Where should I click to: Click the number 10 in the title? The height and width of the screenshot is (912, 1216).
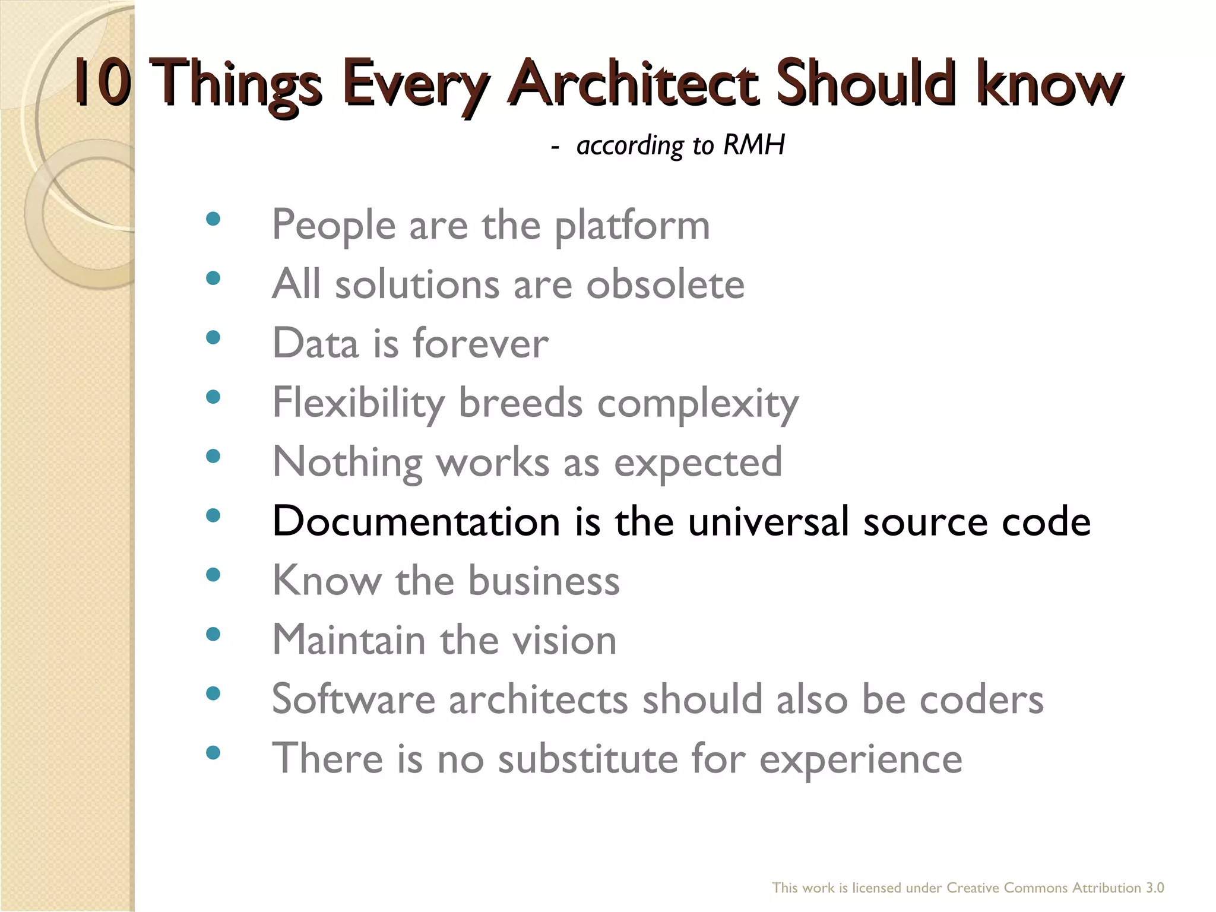click(102, 83)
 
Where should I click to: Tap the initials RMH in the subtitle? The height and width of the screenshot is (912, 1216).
click(753, 145)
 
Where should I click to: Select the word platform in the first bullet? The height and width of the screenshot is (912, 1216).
click(632, 226)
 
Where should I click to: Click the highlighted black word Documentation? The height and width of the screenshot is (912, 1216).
click(416, 521)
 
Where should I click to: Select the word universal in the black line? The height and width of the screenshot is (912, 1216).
click(768, 521)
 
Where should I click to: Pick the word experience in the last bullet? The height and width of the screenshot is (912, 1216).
click(860, 760)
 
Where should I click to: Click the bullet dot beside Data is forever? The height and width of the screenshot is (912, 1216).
click(213, 338)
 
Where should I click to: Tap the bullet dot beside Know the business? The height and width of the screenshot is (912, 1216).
click(213, 575)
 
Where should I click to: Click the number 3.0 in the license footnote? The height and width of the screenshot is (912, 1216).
click(1154, 888)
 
